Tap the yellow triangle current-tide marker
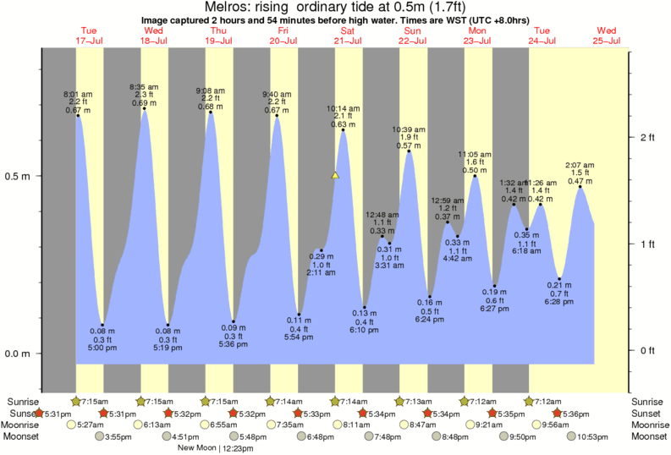click(x=335, y=176)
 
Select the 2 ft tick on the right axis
click(x=649, y=137)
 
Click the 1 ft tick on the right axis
click(x=649, y=244)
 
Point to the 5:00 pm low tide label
click(x=103, y=348)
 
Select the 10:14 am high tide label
click(x=344, y=108)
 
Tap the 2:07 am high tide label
click(x=580, y=165)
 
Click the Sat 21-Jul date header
click(x=347, y=36)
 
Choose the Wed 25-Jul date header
click(x=608, y=36)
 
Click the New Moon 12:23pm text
click(x=210, y=448)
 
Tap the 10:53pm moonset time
click(x=593, y=436)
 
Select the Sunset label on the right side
click(x=648, y=413)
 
